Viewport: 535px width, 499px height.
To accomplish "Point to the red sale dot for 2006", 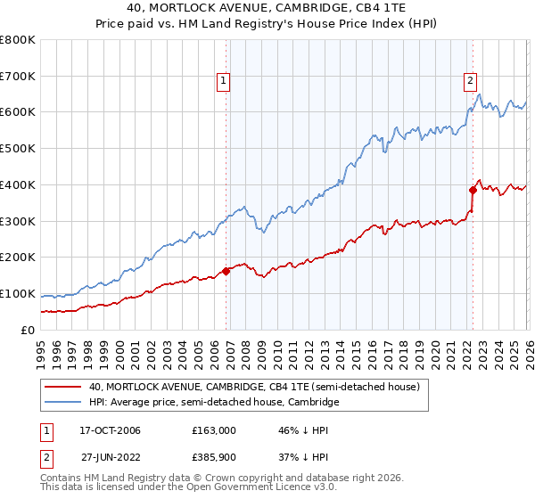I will pos(226,271).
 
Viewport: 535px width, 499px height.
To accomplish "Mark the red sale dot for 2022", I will pos(473,189).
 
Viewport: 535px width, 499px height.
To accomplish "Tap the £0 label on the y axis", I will pos(26,330).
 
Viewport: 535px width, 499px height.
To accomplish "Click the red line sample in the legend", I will pos(63,387).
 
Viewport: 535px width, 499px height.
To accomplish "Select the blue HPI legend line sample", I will pos(63,403).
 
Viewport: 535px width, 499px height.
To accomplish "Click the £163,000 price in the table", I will pos(214,430).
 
